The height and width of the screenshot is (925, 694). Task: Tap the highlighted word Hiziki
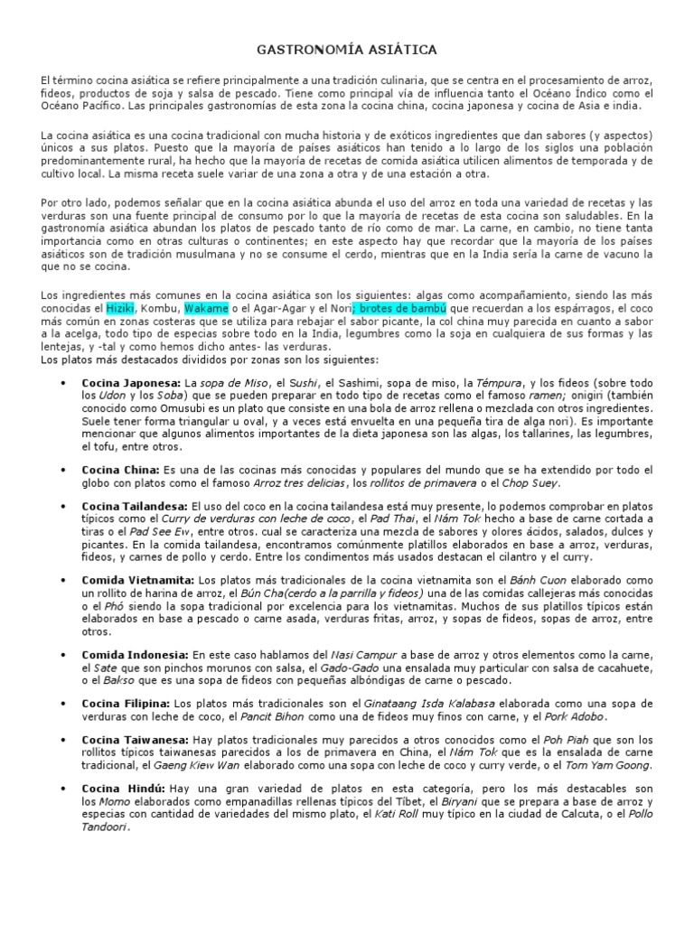tap(119, 309)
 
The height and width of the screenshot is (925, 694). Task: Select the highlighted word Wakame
tap(202, 309)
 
